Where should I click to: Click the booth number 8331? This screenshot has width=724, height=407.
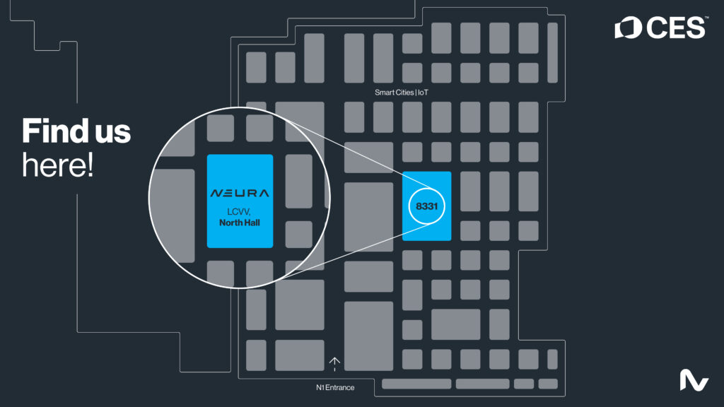[427, 206]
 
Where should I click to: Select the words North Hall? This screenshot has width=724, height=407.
[240, 223]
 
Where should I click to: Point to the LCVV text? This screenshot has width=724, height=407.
[239, 212]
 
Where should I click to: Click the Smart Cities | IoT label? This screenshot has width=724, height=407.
[401, 92]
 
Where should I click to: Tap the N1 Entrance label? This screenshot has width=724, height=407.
[335, 387]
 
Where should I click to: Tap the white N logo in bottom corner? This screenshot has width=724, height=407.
[694, 380]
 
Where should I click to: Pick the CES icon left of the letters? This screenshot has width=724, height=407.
[629, 28]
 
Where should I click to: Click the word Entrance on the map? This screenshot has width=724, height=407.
[341, 387]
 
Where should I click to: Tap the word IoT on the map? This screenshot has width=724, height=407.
[423, 92]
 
